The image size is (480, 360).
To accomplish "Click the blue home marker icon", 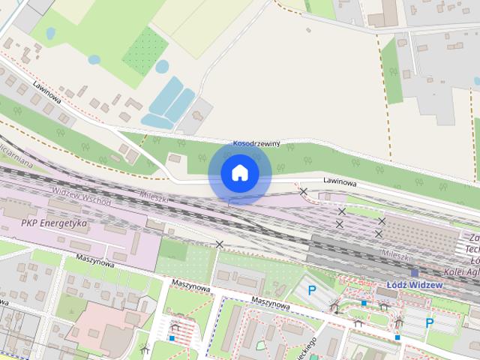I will click(x=239, y=173).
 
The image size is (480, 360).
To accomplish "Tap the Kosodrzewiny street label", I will click(x=256, y=143).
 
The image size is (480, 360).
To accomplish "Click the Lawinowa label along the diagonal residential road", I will click(x=46, y=92).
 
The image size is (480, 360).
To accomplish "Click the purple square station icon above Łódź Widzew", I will click(x=414, y=273).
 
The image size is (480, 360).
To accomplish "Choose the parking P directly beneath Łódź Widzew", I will click(x=430, y=323).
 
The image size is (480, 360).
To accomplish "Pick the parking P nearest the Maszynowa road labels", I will click(x=313, y=290).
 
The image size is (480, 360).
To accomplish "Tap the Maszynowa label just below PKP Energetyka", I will click(x=88, y=262).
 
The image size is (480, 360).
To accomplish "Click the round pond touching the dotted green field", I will click(x=161, y=67).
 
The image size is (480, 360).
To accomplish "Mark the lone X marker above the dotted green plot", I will click(x=220, y=244).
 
